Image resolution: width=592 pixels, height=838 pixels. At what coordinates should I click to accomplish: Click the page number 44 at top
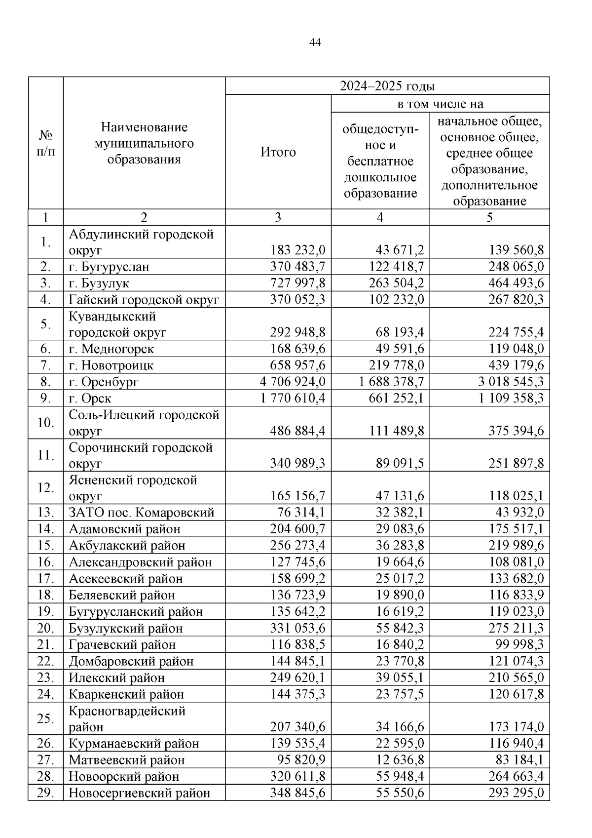click(315, 43)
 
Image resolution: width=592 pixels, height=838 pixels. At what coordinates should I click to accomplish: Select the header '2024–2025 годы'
click(387, 86)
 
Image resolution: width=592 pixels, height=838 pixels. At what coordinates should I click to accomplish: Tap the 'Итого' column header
click(278, 152)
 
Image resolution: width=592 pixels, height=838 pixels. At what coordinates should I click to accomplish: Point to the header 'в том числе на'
click(440, 104)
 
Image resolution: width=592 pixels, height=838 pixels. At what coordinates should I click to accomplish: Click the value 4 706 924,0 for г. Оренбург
click(293, 382)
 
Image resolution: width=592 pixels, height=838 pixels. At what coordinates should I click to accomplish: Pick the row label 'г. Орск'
click(90, 398)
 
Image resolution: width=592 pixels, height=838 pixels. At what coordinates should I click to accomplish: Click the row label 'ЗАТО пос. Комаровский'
click(142, 513)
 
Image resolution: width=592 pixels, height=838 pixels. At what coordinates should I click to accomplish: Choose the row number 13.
click(45, 513)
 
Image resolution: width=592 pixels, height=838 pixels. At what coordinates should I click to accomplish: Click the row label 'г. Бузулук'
click(99, 283)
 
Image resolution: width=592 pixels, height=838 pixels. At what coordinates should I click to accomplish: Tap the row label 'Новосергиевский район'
click(140, 793)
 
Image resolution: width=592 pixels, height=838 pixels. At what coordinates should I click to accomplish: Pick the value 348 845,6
click(297, 793)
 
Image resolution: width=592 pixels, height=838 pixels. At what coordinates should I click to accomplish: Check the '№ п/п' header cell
click(46, 143)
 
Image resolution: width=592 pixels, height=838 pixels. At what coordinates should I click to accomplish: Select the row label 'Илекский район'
click(117, 678)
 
